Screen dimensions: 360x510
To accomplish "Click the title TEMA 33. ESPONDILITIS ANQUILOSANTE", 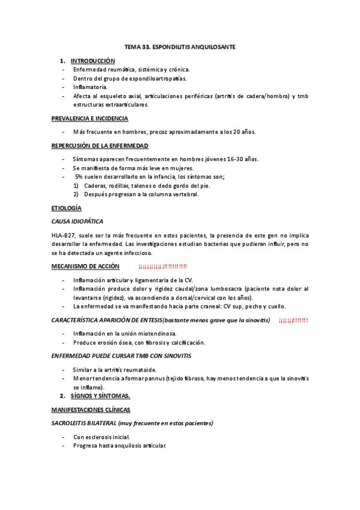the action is coord(180,46).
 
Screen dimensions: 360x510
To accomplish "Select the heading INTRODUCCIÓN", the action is coord(93,61).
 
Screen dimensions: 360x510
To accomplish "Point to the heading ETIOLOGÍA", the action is coord(66,207).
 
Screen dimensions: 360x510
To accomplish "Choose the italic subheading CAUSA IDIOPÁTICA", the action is coord(78,221).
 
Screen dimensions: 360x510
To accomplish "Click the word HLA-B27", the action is coord(63,235).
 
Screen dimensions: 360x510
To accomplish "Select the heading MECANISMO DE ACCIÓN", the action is coord(85,266).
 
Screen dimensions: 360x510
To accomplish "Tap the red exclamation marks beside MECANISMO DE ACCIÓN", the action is coord(162,266).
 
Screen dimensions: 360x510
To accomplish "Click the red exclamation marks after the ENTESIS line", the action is coord(293,320).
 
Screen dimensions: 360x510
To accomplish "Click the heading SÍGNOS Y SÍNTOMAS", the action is coord(100,396).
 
